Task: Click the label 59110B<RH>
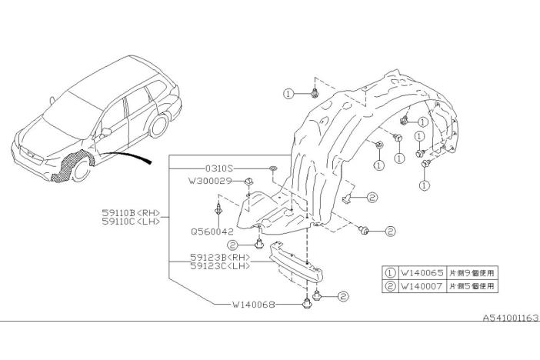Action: pos(132,212)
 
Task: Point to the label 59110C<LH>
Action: pos(132,222)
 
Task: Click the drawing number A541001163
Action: pos(510,317)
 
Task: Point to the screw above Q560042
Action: pos(220,206)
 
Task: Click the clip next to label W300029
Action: pos(250,182)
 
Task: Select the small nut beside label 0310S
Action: pos(273,167)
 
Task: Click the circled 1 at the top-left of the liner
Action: pos(288,93)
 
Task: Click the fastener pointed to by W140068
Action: pos(308,302)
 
